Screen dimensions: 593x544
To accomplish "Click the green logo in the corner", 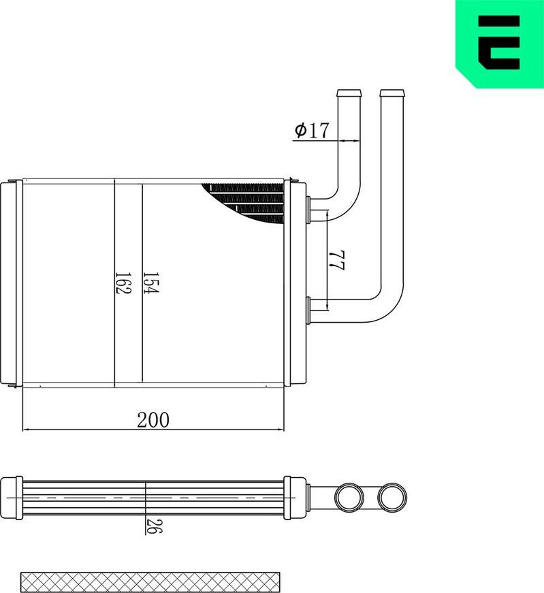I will click(499, 43).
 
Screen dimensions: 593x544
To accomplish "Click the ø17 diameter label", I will click(311, 130).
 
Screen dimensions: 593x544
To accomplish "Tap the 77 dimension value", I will click(336, 260).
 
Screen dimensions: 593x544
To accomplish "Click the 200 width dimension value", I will click(153, 419).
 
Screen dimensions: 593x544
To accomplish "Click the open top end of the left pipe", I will click(348, 93).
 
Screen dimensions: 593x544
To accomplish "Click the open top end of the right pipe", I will click(390, 93).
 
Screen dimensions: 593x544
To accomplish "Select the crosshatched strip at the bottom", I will click(150, 581).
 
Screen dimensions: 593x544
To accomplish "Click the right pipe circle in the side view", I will click(392, 496).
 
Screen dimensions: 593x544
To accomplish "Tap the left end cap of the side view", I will click(12, 497).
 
